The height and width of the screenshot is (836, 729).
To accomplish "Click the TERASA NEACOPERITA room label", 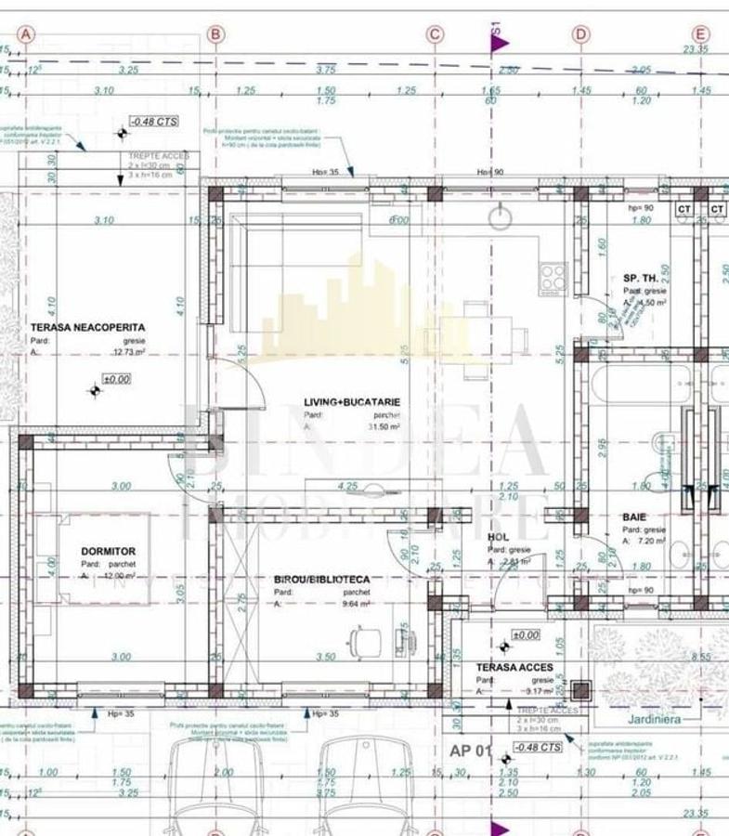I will [x=87, y=328].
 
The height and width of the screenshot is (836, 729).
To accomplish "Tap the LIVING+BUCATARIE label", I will [x=354, y=402].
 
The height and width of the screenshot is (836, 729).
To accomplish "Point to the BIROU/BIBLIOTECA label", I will [x=321, y=580].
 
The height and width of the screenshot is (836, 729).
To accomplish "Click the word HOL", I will [x=498, y=537].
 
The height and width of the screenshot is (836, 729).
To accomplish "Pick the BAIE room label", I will [x=634, y=516].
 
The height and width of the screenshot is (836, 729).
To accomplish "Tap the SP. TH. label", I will [x=641, y=279].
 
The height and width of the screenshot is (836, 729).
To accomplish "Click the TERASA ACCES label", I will [x=514, y=667].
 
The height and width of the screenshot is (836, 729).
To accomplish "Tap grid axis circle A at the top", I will [x=25, y=34].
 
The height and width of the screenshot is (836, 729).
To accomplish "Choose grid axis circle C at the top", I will [x=435, y=34].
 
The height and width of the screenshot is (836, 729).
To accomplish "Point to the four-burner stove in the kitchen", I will [x=554, y=276].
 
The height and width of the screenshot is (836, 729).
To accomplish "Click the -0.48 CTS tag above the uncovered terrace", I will [x=153, y=122].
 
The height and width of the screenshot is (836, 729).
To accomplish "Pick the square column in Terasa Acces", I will [x=581, y=689].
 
